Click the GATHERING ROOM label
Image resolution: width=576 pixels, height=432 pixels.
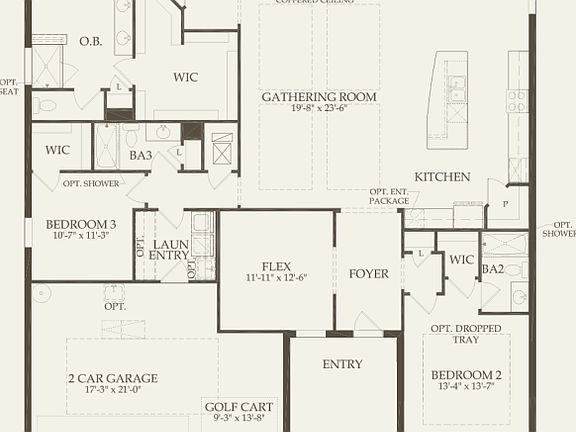[319, 97]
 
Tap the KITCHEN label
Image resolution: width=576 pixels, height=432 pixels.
[442, 177]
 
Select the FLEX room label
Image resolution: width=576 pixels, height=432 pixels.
[276, 266]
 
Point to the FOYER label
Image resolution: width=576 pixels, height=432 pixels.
[368, 274]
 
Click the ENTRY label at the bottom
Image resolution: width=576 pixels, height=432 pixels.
[342, 364]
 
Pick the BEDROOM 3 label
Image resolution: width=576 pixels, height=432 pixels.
[81, 224]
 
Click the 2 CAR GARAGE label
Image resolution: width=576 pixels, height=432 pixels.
[112, 378]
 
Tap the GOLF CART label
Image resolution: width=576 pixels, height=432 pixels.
[237, 407]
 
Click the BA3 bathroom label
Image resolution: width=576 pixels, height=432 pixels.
[140, 155]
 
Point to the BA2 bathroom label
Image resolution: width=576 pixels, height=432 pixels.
[492, 269]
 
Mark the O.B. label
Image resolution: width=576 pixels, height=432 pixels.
[91, 41]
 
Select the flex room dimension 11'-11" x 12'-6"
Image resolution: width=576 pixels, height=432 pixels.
[276, 278]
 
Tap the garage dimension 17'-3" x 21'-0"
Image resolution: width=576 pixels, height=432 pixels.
[112, 391]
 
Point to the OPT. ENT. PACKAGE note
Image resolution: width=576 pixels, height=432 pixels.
[389, 197]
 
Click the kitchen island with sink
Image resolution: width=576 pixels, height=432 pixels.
[447, 98]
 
